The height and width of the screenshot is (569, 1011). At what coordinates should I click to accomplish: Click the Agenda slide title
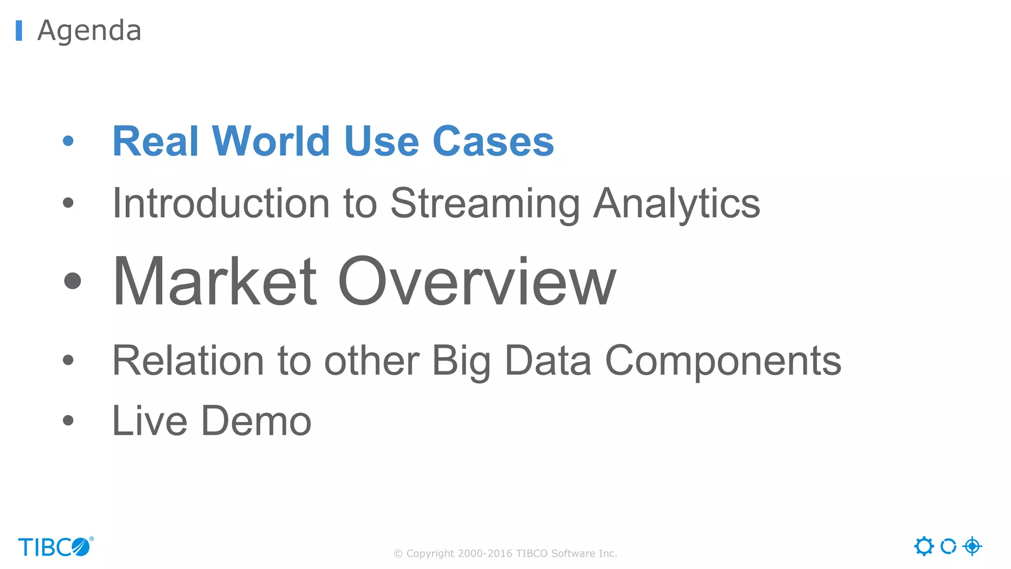point(89,31)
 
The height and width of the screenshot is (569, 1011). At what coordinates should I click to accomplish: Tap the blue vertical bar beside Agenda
point(19,31)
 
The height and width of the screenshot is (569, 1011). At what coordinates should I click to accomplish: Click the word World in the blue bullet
point(271,142)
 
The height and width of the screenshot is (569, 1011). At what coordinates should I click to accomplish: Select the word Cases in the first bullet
point(493,142)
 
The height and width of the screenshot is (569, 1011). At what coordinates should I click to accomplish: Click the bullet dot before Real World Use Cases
point(68,141)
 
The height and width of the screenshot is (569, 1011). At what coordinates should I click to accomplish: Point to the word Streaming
point(485,203)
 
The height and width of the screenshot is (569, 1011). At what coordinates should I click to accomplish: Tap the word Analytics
point(676,203)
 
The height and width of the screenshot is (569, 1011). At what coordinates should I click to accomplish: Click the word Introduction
point(221,203)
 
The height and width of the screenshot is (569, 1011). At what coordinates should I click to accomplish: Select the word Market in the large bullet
point(215,282)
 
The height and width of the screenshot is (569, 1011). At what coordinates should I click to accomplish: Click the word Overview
point(477,282)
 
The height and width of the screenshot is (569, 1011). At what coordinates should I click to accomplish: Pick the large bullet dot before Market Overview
point(73,281)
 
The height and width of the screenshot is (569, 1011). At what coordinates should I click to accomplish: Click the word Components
point(723,361)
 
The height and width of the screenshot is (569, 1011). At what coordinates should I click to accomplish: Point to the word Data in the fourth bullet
point(547,361)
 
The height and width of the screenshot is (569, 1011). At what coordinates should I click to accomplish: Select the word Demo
point(256,421)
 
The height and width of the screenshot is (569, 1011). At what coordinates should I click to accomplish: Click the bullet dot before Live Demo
point(68,421)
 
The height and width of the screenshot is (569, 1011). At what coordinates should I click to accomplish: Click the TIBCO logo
point(55,547)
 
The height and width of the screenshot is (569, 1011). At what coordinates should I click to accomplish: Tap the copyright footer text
point(505,554)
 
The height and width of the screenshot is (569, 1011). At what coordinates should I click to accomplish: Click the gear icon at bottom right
point(924,546)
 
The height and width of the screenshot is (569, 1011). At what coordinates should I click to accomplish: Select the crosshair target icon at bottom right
point(972,546)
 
